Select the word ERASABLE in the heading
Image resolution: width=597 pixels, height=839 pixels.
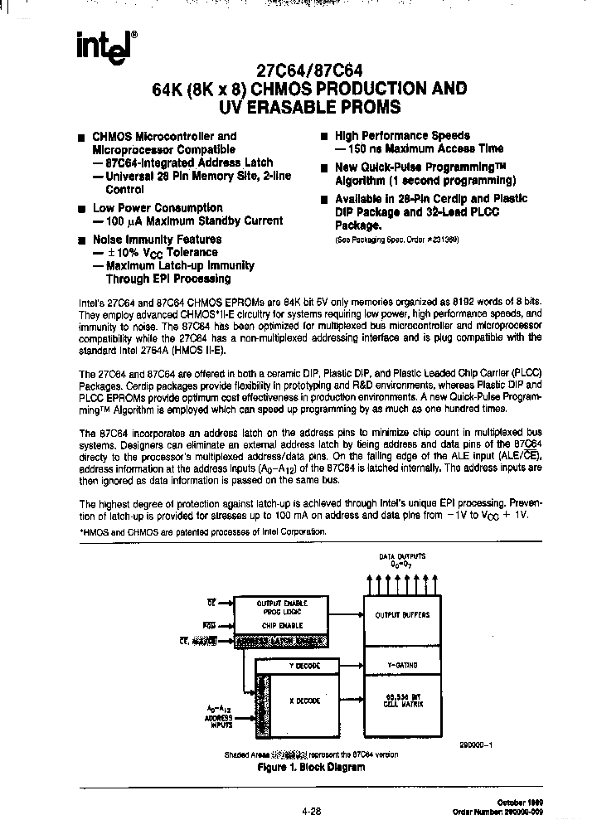(x=291, y=106)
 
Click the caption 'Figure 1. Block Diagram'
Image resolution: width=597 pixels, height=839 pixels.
(x=311, y=767)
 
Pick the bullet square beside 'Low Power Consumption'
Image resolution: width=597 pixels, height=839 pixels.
(x=81, y=209)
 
